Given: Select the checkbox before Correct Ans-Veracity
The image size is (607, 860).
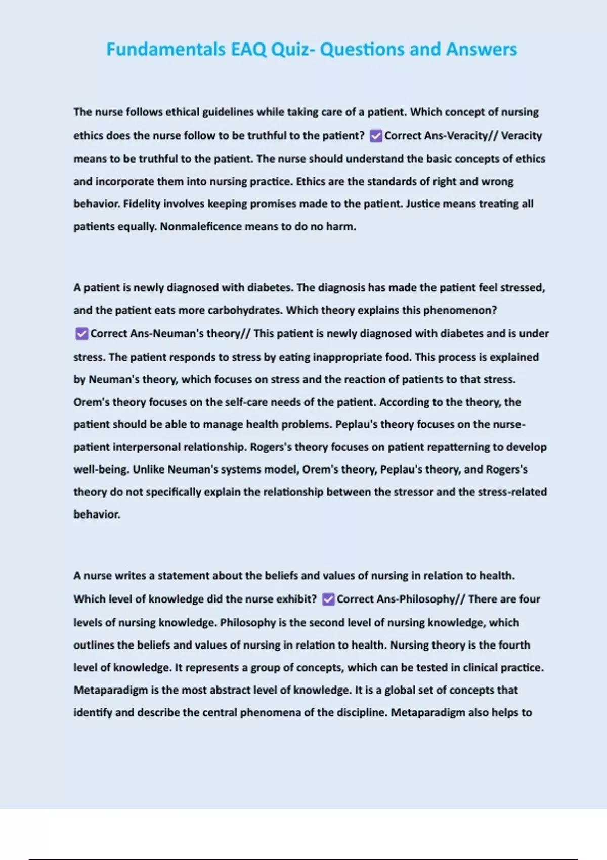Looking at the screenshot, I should click(376, 136).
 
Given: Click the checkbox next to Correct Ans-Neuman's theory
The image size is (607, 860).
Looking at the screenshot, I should click(81, 334).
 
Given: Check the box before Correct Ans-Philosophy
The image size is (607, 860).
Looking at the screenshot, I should click(328, 599).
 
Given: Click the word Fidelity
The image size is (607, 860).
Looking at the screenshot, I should click(140, 204).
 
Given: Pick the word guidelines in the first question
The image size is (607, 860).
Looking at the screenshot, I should click(228, 112).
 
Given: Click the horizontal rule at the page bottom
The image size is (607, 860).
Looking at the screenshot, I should click(303, 859).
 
